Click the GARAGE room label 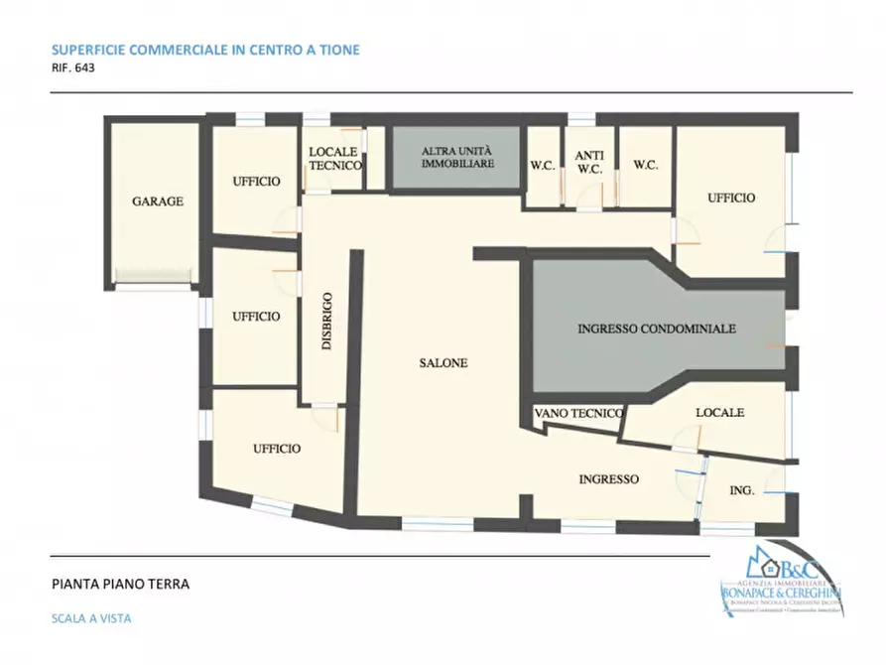coord(158,201)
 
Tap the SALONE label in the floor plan coord(443,363)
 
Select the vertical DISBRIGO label coord(326,322)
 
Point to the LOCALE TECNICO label coord(334,159)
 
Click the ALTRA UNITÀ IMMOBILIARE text coord(455,158)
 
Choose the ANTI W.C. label coord(589,163)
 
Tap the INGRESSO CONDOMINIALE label coord(656,328)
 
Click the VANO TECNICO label coord(578,413)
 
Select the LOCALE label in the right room coord(719,413)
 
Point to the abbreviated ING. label coord(742,490)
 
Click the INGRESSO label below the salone coord(608,479)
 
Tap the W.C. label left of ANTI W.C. coord(542,165)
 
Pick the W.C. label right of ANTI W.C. coord(645,165)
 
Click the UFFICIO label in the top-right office coord(730,198)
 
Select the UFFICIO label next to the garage coord(256,182)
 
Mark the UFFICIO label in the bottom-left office coord(276,449)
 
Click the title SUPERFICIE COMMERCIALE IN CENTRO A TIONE coord(204,50)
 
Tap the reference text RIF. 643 coord(72,69)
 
